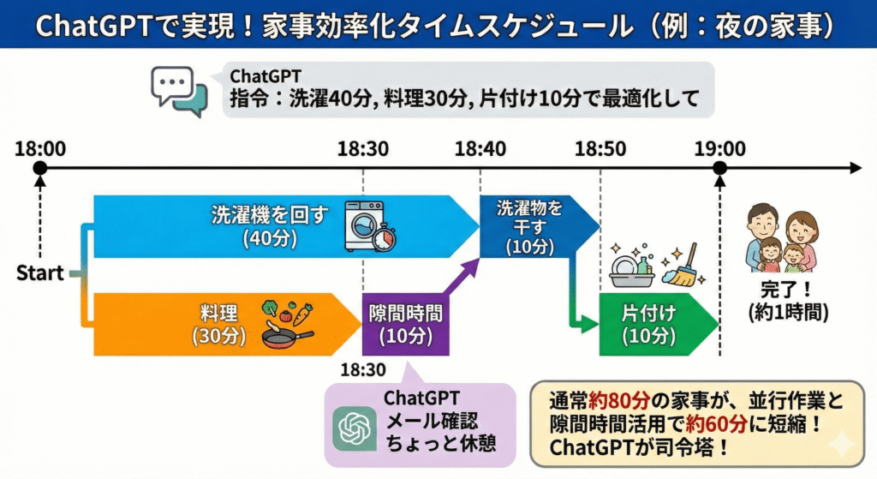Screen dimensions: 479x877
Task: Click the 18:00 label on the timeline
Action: point(39,148)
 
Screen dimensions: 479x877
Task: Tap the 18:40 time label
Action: point(480,148)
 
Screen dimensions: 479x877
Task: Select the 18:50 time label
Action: point(600,148)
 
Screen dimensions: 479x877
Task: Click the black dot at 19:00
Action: point(719,168)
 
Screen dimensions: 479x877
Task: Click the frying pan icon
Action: point(286,335)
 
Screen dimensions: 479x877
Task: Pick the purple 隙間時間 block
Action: point(405,324)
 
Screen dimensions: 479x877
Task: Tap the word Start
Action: point(39,274)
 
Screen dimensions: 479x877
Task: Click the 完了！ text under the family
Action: point(787,289)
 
